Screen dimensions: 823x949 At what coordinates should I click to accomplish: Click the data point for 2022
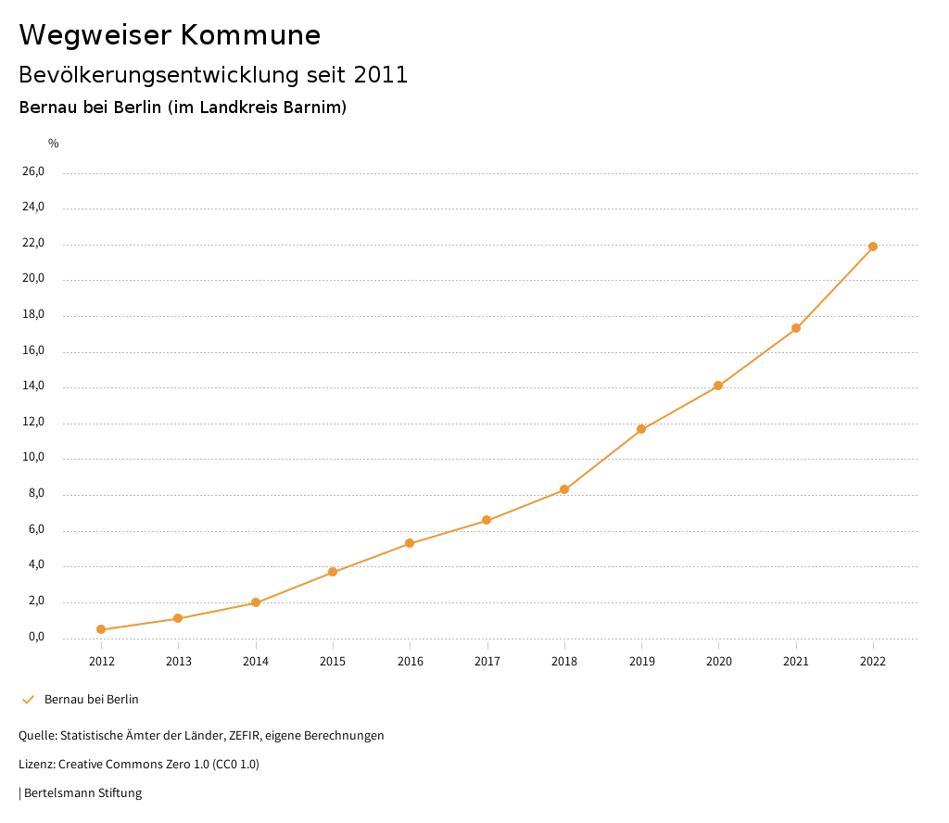point(873,247)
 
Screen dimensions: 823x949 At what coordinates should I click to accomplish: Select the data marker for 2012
point(101,630)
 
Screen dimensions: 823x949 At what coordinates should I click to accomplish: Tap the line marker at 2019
point(641,429)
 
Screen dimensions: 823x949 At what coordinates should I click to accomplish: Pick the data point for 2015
point(333,572)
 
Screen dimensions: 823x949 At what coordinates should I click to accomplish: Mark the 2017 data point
point(487,521)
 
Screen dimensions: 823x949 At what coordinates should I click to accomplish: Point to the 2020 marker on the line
point(718,386)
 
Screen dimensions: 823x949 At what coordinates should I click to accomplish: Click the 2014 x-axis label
point(256,662)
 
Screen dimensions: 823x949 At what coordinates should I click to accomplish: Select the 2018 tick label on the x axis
point(564,662)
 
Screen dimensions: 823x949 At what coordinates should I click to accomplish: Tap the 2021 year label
point(796,662)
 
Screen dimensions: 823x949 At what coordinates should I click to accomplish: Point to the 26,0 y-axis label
point(33,171)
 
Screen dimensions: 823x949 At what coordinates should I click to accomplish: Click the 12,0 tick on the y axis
point(33,423)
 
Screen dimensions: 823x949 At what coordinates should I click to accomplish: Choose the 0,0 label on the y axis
point(36,638)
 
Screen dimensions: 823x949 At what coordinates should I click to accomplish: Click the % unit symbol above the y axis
point(54,144)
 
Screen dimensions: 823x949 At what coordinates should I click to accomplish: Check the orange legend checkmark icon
point(28,700)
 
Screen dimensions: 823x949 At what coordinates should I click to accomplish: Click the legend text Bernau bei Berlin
point(92,700)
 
